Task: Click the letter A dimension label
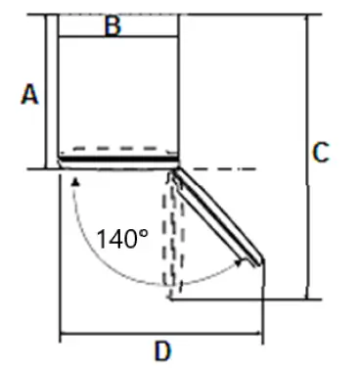point(30,94)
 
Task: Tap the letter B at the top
point(113,26)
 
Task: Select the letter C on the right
point(321,153)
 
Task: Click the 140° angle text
point(122,238)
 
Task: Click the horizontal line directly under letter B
point(118,37)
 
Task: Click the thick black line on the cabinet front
point(118,158)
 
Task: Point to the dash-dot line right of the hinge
point(220,169)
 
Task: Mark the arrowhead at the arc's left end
point(75,180)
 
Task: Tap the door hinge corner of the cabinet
point(175,171)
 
